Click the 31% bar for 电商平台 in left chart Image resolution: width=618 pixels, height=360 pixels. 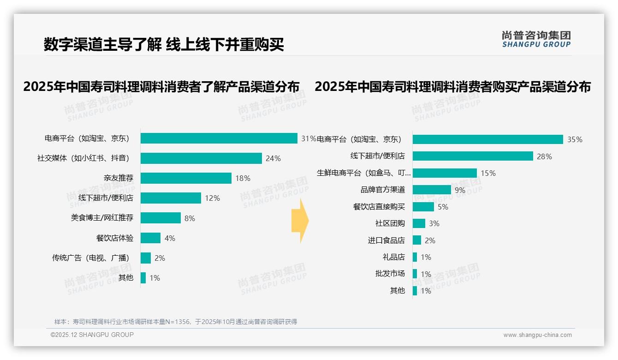[x=219, y=138]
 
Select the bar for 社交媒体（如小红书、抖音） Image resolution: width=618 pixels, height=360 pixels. [x=201, y=158]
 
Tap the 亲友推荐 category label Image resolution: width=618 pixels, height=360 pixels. [x=119, y=178]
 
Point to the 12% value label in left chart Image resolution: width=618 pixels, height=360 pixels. [x=213, y=198]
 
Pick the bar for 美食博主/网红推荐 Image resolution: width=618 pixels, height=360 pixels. [x=160, y=218]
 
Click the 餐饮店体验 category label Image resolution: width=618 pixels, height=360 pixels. [x=115, y=238]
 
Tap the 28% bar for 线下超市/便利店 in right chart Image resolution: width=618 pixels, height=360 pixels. [x=473, y=156]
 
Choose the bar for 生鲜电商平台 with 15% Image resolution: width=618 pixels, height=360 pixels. [x=445, y=173]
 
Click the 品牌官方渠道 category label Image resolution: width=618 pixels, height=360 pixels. [x=383, y=190]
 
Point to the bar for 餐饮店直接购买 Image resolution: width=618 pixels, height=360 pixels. [x=423, y=207]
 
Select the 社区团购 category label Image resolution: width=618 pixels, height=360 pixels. [x=390, y=223]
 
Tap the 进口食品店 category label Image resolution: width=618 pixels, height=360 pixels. [x=386, y=240]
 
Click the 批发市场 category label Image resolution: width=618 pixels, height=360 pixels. [x=390, y=274]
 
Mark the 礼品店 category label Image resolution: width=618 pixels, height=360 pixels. [x=394, y=257]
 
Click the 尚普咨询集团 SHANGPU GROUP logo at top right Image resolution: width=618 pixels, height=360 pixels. [x=536, y=39]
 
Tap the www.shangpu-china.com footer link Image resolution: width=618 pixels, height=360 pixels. [x=537, y=335]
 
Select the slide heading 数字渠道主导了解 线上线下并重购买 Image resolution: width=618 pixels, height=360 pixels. [x=164, y=44]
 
